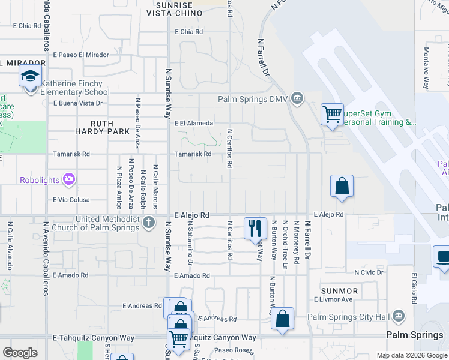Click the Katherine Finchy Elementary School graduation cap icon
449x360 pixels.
28,77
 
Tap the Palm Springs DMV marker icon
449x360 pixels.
296,98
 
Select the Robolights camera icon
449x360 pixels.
69,179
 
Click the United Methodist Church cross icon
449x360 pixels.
149,223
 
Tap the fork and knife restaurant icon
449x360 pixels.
255,227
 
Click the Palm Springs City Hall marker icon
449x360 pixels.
397,317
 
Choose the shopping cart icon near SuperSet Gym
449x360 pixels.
331,112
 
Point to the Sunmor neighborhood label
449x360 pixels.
339,291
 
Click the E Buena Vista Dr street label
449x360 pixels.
78,103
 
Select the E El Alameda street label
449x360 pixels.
193,123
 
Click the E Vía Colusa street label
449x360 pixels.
71,200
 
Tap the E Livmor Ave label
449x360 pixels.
333,299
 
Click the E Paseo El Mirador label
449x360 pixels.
80,54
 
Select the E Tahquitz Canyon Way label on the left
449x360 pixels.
94,338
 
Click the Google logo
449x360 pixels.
20,353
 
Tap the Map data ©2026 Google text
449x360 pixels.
412,355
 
